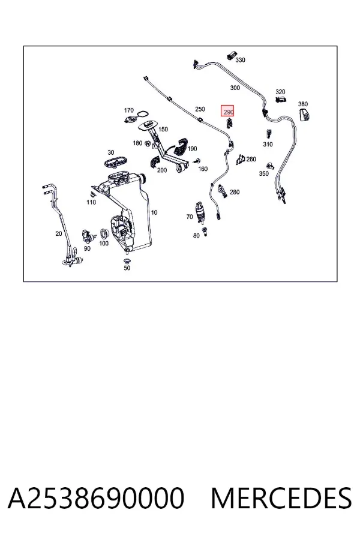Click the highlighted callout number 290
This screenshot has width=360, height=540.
click(228, 112)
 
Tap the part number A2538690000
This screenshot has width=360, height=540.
click(96, 498)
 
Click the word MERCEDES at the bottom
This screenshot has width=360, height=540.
click(281, 498)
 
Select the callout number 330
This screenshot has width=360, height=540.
click(240, 60)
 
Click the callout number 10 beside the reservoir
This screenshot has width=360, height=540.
click(154, 212)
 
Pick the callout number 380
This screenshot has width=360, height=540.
click(303, 104)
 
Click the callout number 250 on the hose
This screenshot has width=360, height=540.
click(200, 109)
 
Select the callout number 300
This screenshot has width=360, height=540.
click(235, 88)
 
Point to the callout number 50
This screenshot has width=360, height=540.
click(127, 268)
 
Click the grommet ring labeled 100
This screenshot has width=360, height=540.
click(104, 234)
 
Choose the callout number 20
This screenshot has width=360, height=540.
click(59, 233)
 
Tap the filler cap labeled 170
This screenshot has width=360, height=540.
click(131, 119)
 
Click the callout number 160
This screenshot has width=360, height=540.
click(203, 169)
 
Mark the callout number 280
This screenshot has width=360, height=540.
click(234, 192)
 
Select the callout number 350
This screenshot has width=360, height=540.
click(263, 173)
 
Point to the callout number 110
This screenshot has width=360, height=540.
click(91, 202)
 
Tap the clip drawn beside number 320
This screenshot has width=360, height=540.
click(281, 100)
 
